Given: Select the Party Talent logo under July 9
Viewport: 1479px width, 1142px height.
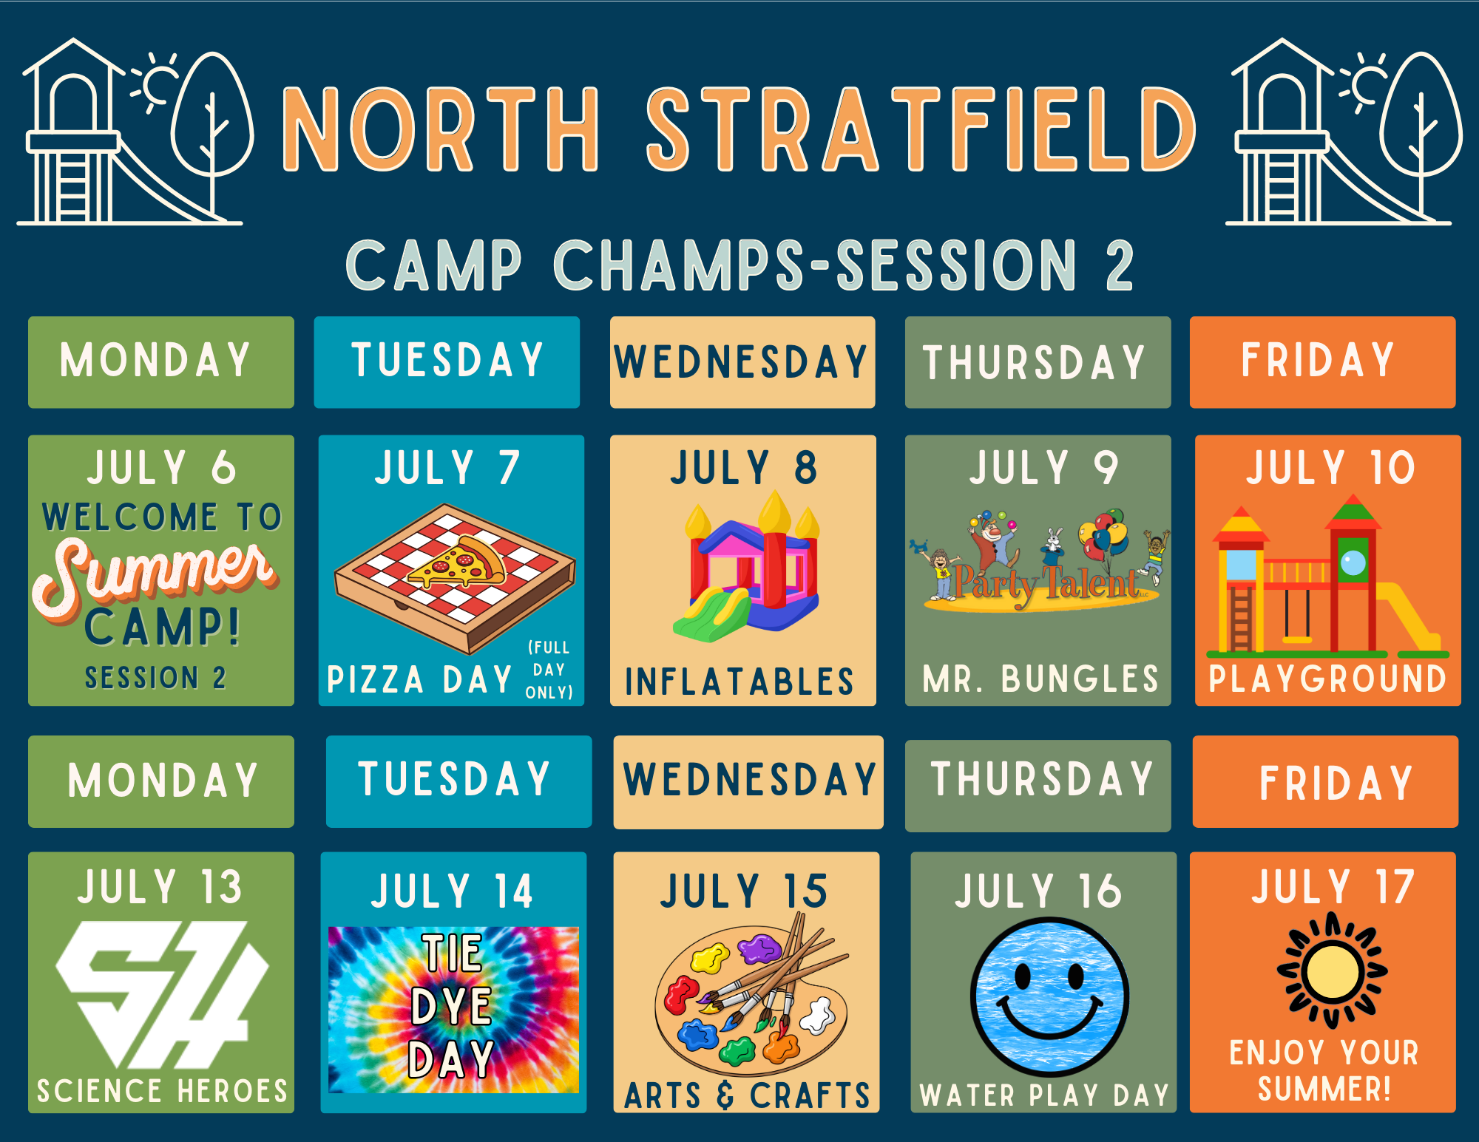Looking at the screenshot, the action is tap(1040, 562).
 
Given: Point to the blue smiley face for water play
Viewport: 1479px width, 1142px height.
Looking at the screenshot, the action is tap(1049, 996).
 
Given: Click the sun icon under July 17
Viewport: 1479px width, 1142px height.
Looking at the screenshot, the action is tap(1333, 971).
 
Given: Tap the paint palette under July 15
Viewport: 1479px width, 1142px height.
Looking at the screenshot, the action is tap(751, 995).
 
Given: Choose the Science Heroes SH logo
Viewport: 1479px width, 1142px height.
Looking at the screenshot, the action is tap(162, 995).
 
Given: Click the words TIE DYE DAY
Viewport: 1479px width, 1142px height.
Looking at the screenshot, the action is tap(453, 1006).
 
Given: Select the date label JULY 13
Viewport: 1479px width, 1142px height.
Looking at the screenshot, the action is tap(160, 886).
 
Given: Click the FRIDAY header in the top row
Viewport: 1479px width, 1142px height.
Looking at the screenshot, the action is tap(1318, 361).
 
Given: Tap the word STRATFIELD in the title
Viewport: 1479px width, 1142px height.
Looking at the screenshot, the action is tap(921, 129).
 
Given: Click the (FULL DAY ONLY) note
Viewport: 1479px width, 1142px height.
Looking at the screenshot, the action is tap(549, 670).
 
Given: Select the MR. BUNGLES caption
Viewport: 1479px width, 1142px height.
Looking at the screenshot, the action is tap(1040, 679).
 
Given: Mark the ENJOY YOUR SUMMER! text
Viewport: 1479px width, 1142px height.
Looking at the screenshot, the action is tap(1324, 1070).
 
